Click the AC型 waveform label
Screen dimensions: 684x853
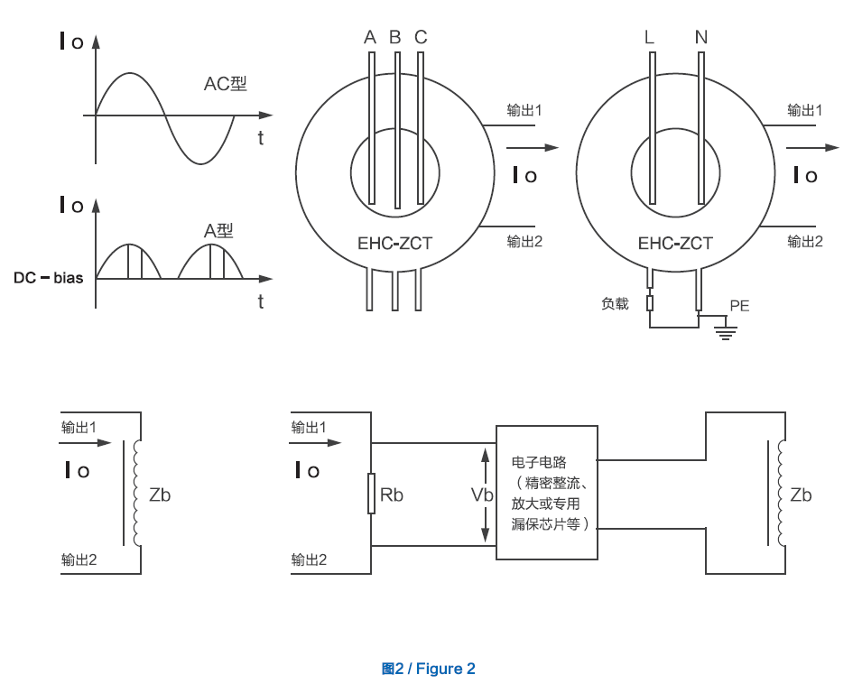point(225,84)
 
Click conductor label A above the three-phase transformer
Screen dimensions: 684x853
point(369,38)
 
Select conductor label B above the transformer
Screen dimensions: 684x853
point(394,38)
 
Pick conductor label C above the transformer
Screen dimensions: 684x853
point(421,38)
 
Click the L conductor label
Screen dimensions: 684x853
point(650,38)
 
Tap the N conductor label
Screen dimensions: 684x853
point(701,38)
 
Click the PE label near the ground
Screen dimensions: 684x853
point(739,306)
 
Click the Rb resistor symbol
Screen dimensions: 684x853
point(371,495)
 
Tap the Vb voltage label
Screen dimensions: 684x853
point(482,495)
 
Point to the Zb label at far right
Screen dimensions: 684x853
point(801,495)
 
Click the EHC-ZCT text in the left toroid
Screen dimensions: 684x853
point(394,244)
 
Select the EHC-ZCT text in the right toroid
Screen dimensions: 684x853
point(675,244)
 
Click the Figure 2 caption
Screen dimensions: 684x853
point(428,669)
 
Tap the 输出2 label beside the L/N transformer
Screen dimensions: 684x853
point(804,241)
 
